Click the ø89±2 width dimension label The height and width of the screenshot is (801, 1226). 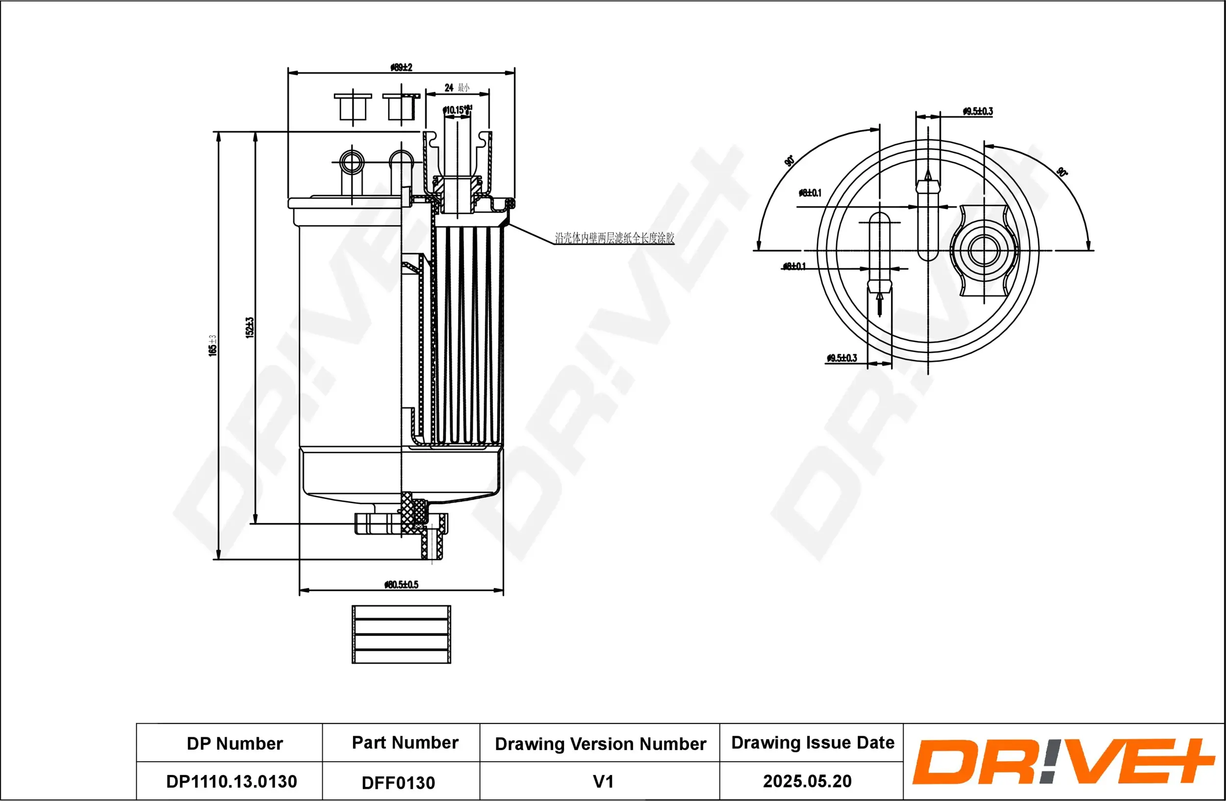point(401,68)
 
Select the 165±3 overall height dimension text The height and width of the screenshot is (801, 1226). point(213,345)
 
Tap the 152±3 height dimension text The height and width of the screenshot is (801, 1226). point(250,328)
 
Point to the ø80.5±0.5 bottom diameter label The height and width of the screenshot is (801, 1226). point(401,585)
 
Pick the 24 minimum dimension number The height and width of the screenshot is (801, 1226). point(449,88)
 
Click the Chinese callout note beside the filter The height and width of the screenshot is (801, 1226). point(614,237)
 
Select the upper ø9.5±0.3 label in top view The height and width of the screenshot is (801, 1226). point(977,111)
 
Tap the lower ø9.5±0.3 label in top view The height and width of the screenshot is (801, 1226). point(842,358)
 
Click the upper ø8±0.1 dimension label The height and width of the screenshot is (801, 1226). point(810,193)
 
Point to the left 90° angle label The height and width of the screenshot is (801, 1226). point(789,161)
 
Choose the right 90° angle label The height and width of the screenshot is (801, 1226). point(1062,172)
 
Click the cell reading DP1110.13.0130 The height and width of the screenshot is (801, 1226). point(231,781)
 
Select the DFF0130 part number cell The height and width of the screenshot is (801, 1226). point(398,783)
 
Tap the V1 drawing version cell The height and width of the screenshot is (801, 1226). point(603,781)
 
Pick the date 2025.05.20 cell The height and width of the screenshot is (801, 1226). point(807,781)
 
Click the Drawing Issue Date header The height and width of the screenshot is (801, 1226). point(813,743)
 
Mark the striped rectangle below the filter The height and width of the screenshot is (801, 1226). point(401,634)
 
